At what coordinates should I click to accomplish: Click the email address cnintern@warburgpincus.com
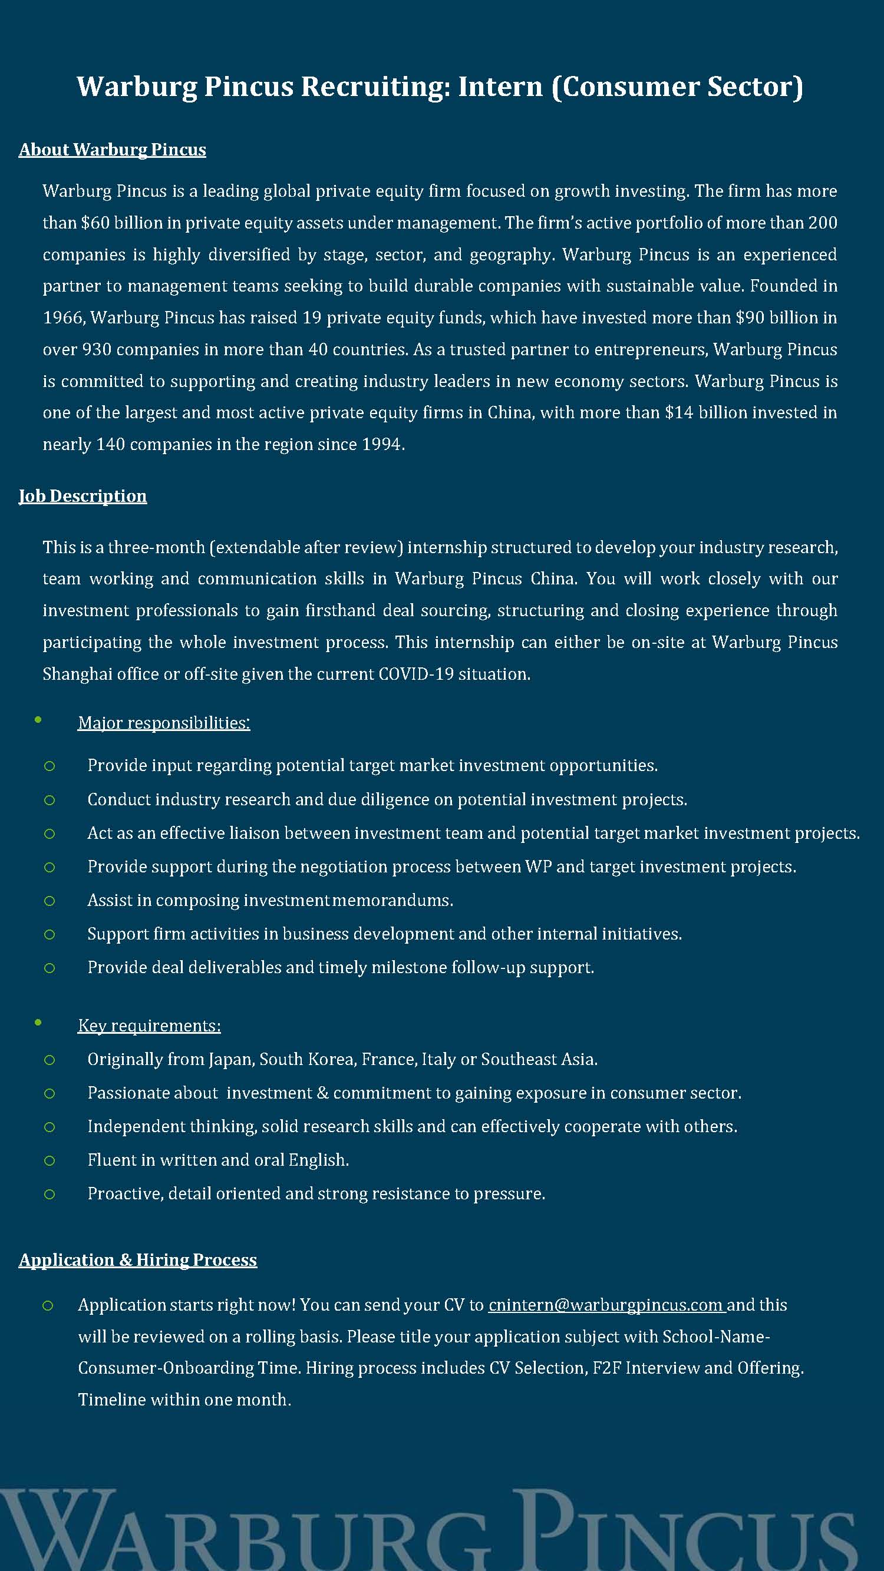[x=605, y=1305]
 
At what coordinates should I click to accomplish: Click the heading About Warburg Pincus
[x=112, y=150]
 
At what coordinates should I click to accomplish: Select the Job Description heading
[x=83, y=496]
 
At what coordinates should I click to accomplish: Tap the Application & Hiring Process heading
[x=138, y=1260]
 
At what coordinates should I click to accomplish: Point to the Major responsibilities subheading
[x=163, y=723]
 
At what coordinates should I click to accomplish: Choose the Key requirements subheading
[x=149, y=1026]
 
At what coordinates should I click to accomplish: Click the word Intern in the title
[x=500, y=86]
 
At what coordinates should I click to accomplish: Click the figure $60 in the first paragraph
[x=94, y=223]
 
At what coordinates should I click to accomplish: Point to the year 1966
[x=64, y=317]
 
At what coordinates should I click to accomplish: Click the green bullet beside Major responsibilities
[x=38, y=720]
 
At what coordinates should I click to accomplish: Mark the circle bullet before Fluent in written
[x=50, y=1160]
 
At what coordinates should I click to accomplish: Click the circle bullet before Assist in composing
[x=50, y=901]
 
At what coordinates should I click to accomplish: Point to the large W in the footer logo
[x=58, y=1531]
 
